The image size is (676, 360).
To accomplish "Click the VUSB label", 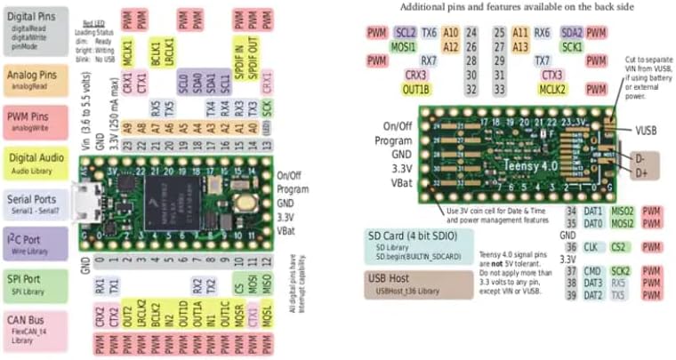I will [646, 130].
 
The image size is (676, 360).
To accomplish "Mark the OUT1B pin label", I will [415, 90].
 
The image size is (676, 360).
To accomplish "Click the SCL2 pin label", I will [405, 32].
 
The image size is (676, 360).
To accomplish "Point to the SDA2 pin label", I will [573, 32].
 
